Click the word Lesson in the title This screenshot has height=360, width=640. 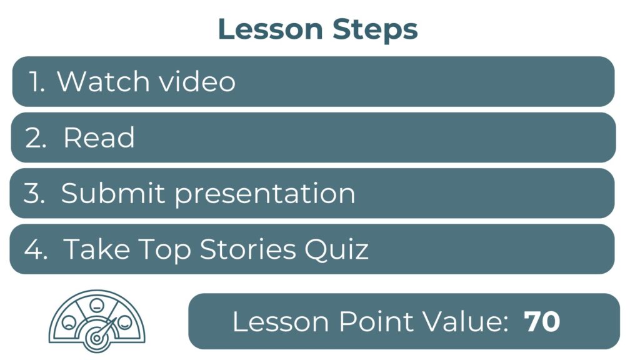(271, 29)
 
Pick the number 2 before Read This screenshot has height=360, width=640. (35, 137)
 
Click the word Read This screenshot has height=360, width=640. (99, 137)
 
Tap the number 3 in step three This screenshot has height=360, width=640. (34, 193)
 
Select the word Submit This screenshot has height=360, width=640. (112, 192)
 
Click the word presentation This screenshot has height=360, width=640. (265, 194)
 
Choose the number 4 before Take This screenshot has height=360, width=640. (36, 249)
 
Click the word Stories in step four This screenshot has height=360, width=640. (247, 249)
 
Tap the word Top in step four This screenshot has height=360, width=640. (164, 250)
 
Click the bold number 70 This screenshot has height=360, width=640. (542, 322)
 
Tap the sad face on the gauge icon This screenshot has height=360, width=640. (69, 322)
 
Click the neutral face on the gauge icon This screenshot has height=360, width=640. (97, 304)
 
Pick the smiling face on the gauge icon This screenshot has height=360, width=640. (124, 322)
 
